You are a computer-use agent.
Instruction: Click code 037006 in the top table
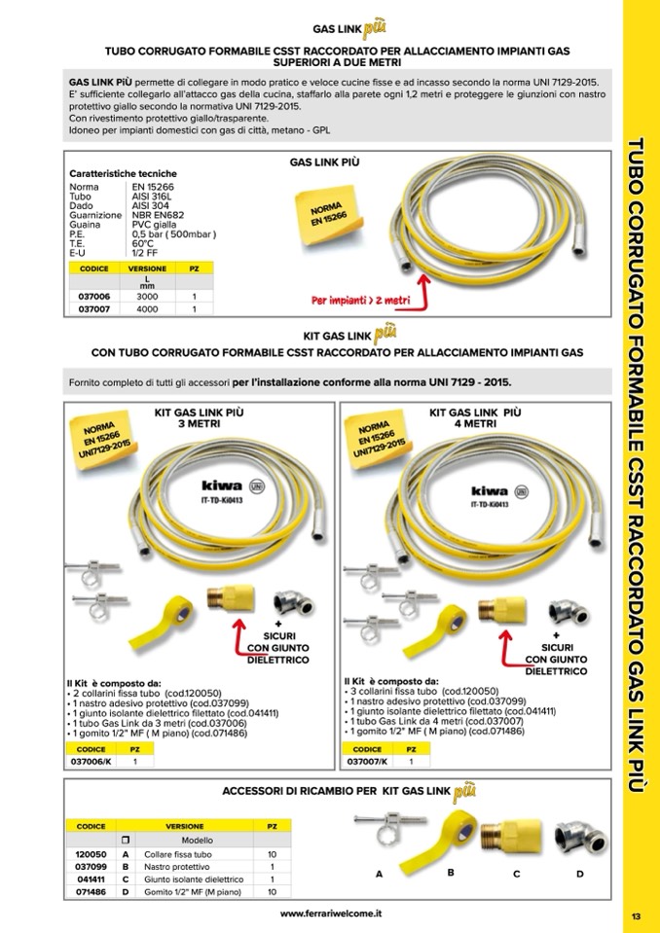pos(93,297)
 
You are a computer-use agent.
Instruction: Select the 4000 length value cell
pos(147,309)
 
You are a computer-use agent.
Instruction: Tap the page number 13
pos(635,916)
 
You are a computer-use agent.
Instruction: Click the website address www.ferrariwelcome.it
pos(331,914)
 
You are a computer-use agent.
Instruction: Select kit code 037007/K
pos(369,762)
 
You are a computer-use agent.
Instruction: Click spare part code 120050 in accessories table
pos(91,854)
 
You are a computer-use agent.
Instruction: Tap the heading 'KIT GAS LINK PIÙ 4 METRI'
pos(474,418)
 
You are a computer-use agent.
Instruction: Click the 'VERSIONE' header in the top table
pos(147,268)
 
